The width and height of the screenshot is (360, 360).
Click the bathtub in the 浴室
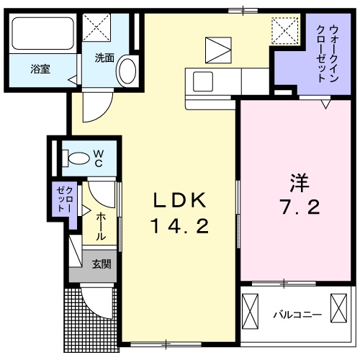coord(42,33)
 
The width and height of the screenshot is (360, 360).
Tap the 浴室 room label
coord(40,69)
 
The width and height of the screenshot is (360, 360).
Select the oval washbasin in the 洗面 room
coord(127,71)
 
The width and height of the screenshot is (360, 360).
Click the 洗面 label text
coord(104,58)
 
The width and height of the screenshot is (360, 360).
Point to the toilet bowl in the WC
coord(76,158)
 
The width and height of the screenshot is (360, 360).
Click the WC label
coord(99,158)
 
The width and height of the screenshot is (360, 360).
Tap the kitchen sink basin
coord(203,81)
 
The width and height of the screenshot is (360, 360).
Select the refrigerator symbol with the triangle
coord(218,50)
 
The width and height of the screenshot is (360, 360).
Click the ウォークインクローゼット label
coord(328,54)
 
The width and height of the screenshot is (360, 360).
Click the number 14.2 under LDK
coord(179,227)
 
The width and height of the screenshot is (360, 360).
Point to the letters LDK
coord(180,200)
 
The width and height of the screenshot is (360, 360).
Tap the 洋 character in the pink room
coord(300,183)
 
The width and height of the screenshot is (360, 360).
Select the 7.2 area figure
coord(300,207)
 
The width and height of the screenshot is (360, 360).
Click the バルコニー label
coord(297,315)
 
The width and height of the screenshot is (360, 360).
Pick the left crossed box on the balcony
coord(250,311)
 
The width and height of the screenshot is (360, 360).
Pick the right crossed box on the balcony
coord(338,308)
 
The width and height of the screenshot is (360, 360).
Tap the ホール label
coord(101,227)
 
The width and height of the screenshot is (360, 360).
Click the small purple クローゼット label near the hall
coord(65,199)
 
